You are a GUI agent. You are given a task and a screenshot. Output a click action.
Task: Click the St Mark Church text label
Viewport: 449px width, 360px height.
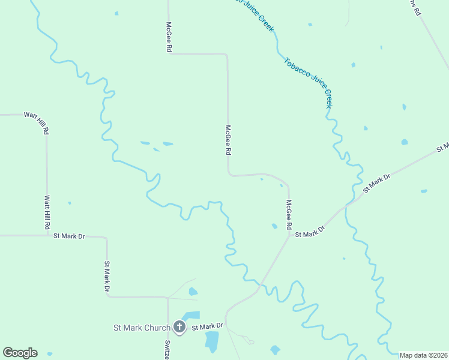pyautogui.click(x=142, y=328)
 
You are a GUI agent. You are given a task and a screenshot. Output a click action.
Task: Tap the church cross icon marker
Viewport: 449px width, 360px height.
pyautogui.click(x=179, y=327)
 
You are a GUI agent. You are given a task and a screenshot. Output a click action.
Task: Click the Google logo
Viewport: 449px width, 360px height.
pyautogui.click(x=20, y=353)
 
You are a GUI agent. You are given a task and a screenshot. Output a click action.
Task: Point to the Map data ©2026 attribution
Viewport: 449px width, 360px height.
pyautogui.click(x=424, y=355)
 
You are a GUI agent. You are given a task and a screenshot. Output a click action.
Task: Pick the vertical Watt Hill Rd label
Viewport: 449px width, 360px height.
pyautogui.click(x=47, y=212)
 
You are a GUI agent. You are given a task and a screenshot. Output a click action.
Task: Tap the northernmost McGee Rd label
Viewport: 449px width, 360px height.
pyautogui.click(x=169, y=37)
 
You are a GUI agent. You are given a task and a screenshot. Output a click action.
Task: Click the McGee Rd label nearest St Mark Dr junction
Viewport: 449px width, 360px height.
pyautogui.click(x=289, y=215)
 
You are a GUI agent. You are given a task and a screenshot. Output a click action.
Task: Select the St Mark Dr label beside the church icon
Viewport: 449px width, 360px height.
pyautogui.click(x=207, y=326)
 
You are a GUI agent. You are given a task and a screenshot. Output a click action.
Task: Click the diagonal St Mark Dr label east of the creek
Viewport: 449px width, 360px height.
pyautogui.click(x=377, y=184)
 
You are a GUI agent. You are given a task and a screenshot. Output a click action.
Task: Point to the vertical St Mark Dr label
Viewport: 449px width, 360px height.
pyautogui.click(x=107, y=277)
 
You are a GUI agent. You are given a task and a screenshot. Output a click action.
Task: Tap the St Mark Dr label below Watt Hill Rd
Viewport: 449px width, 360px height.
pyautogui.click(x=69, y=236)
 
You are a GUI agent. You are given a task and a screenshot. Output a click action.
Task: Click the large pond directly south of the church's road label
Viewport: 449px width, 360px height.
pyautogui.click(x=212, y=341)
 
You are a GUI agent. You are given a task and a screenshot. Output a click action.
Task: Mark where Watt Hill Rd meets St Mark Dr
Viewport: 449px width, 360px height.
pyautogui.click(x=47, y=235)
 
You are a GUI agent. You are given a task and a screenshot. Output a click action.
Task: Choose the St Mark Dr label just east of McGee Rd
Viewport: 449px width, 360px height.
pyautogui.click(x=309, y=232)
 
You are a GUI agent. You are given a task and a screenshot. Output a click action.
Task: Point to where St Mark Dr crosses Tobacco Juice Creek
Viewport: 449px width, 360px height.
pyautogui.click(x=346, y=206)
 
